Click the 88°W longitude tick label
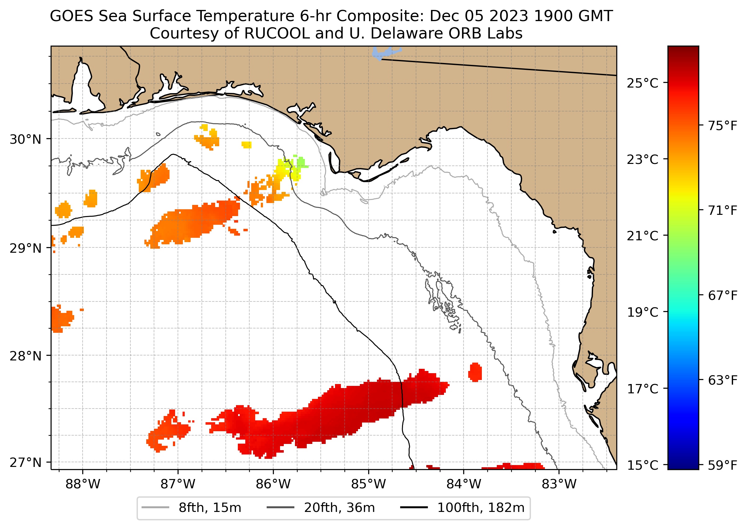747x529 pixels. (83, 484)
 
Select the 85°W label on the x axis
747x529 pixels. (369, 484)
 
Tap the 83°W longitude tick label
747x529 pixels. (559, 484)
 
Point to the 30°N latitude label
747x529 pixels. (26, 139)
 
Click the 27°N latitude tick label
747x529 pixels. (26, 462)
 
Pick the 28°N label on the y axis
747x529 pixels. (26, 356)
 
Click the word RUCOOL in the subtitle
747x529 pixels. (277, 33)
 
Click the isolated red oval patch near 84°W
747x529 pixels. (475, 372)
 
